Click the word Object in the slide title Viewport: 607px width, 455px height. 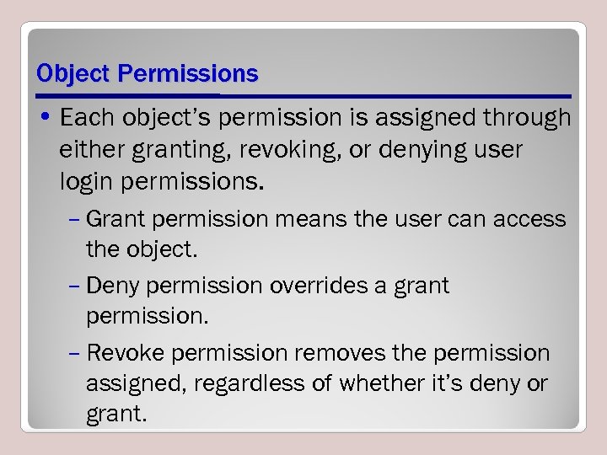pos(74,74)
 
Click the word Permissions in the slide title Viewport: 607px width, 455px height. pos(188,74)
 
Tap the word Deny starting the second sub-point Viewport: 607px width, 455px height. pos(112,286)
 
